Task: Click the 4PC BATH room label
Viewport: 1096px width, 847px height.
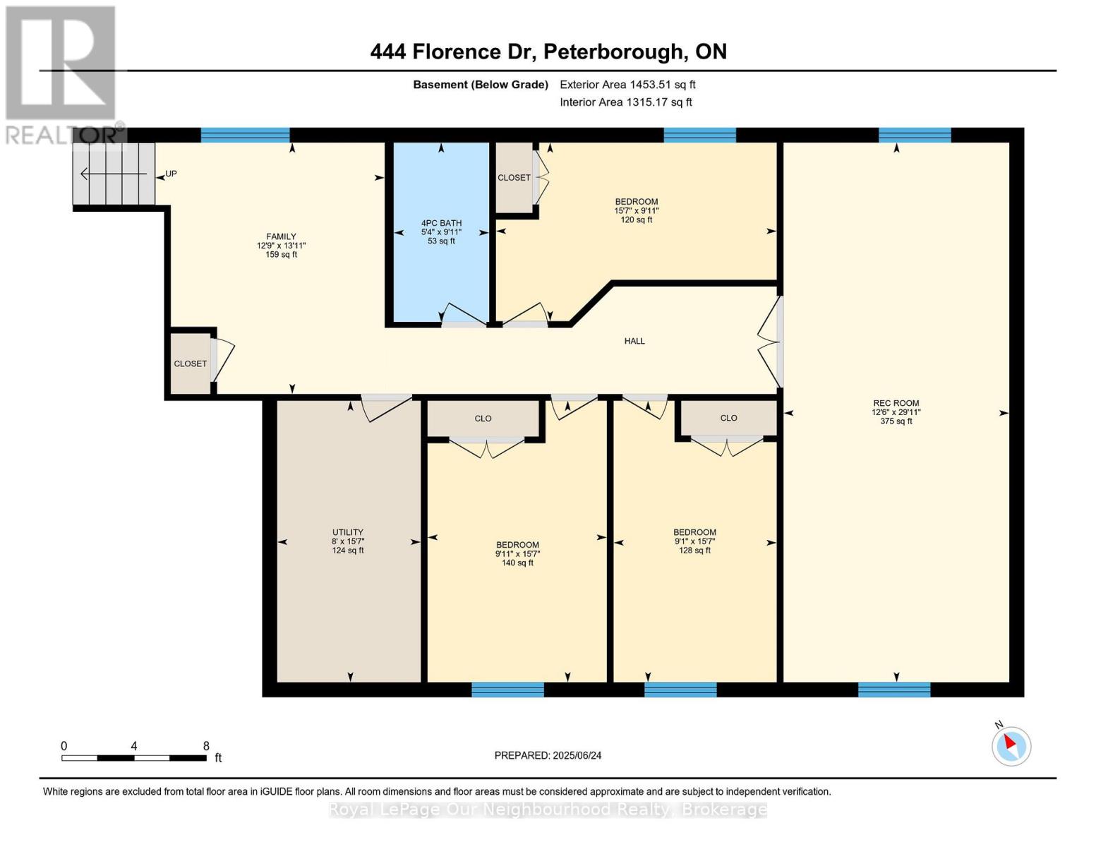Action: (x=441, y=223)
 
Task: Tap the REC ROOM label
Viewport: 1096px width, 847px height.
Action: (x=896, y=403)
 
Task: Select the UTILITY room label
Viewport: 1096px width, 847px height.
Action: (x=347, y=532)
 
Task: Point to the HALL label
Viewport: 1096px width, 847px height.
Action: (x=634, y=341)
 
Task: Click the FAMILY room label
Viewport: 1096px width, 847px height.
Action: (x=281, y=236)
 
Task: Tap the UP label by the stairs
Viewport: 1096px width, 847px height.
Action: (x=171, y=174)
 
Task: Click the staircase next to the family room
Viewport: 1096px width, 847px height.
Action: (x=114, y=174)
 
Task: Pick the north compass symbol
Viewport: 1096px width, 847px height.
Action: (x=1011, y=745)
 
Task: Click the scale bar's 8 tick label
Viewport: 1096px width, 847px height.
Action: (x=206, y=745)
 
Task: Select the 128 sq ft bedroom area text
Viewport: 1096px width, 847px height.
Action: (x=694, y=551)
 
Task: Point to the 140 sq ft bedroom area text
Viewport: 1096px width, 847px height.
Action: (x=517, y=563)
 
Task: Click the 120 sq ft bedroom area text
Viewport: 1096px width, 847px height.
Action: (x=636, y=220)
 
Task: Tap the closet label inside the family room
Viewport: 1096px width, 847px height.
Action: (x=190, y=364)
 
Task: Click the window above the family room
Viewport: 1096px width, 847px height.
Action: (x=245, y=136)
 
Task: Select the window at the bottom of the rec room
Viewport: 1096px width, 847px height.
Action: (x=894, y=689)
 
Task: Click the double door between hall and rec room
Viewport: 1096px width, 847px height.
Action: (x=771, y=342)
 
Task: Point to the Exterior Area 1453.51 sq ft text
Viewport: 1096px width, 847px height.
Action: (x=627, y=85)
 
